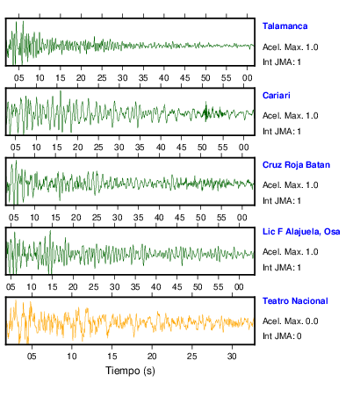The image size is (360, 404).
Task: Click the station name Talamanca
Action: coord(284,26)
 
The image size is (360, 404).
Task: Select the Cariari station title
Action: coord(277,96)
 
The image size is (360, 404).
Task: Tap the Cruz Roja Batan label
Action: coord(296,165)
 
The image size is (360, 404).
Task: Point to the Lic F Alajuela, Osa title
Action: coord(301,232)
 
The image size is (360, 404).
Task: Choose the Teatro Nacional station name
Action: coord(295,301)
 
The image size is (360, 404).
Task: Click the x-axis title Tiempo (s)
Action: coord(130,371)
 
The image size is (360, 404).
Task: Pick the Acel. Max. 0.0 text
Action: coord(291,321)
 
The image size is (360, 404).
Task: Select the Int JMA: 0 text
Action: coord(282,335)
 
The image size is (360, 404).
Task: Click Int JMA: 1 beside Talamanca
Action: coord(282,62)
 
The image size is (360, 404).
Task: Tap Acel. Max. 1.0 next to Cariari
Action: coord(291,116)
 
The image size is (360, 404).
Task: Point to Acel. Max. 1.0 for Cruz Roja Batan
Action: coord(291,185)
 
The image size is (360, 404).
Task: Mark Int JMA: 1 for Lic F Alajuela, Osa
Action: coord(282,268)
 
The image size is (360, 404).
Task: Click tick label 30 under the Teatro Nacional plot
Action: coord(232,357)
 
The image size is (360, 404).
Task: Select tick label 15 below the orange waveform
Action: coord(112,357)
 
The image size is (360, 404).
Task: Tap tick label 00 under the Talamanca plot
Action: coord(248,78)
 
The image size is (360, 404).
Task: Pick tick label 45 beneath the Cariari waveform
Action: coord(182,148)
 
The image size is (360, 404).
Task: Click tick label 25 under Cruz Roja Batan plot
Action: coord(97,218)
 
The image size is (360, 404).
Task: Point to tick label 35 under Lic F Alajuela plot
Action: coord(135,287)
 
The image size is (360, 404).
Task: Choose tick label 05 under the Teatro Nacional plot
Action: coord(32,357)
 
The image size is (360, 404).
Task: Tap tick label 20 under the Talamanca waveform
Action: coord(81,78)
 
